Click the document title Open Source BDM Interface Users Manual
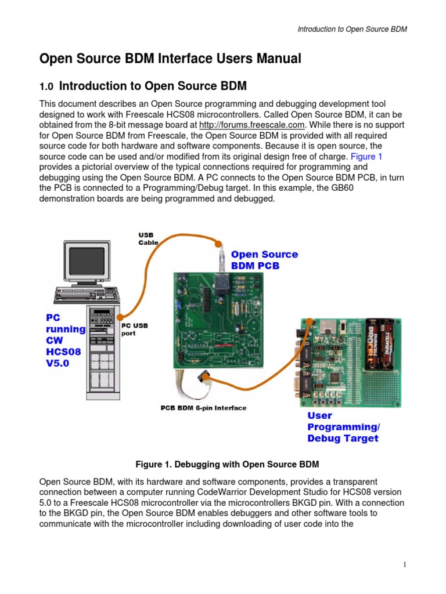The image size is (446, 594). coord(170,59)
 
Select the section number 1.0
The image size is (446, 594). coord(46,87)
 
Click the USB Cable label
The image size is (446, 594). coord(148,238)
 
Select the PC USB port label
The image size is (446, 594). coord(134,329)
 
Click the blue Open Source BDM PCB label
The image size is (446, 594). coord(264,260)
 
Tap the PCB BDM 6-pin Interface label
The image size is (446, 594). coord(203,408)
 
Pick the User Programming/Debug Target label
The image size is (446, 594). coord(343,427)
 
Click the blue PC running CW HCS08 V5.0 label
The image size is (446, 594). coord(65,340)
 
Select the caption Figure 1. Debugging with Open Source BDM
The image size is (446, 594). coord(227,465)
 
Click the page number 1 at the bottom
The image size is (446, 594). coord(404,565)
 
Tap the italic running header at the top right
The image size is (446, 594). coord(352,30)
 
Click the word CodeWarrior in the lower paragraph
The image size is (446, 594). coord(257,492)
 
